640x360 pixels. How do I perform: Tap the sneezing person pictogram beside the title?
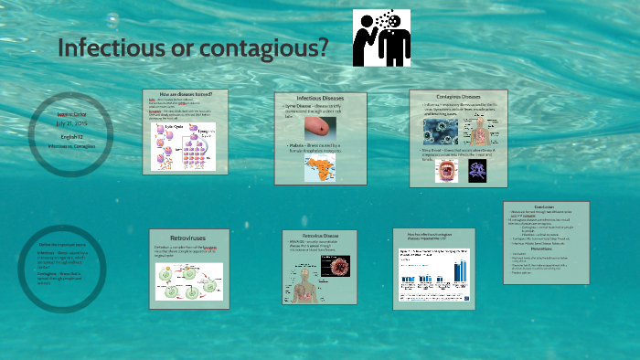[383, 38]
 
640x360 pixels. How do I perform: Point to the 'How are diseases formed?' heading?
[191, 95]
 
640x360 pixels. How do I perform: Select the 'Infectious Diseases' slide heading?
[320, 98]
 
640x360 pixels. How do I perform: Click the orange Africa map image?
[320, 166]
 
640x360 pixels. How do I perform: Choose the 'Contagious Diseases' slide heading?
[457, 96]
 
